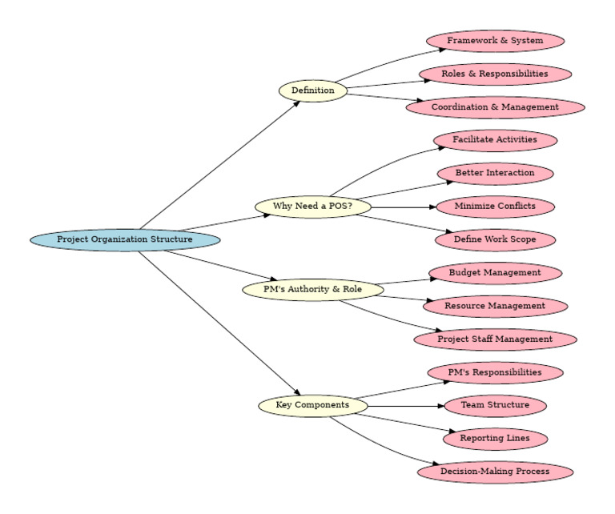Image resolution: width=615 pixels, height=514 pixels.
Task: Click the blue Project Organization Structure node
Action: click(125, 239)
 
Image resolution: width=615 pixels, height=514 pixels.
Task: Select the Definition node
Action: click(313, 90)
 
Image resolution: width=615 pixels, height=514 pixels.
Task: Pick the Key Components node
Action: click(313, 405)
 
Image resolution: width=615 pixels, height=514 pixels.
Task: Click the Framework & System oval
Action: click(495, 41)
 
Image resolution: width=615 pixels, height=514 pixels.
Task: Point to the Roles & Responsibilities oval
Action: click(495, 74)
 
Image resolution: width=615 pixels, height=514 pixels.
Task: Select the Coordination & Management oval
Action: click(495, 107)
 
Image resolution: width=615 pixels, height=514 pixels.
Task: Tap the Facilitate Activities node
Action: click(495, 140)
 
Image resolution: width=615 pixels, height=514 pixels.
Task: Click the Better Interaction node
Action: click(495, 173)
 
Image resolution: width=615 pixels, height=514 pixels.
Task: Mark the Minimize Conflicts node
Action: click(495, 207)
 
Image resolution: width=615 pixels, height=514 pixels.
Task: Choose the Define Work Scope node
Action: click(495, 239)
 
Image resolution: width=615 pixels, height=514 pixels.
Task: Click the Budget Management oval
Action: click(495, 273)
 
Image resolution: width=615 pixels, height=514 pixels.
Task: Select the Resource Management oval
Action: click(495, 306)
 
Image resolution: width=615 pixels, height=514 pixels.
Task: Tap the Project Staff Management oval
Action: click(495, 339)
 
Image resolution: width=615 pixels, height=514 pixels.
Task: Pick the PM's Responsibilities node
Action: click(495, 372)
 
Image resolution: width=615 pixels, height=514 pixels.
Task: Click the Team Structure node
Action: click(495, 405)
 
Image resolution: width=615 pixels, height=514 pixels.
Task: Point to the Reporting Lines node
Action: click(495, 439)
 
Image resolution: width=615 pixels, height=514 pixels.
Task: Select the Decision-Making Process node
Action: click(495, 472)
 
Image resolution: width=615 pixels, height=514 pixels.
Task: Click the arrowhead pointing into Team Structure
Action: click(439, 406)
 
